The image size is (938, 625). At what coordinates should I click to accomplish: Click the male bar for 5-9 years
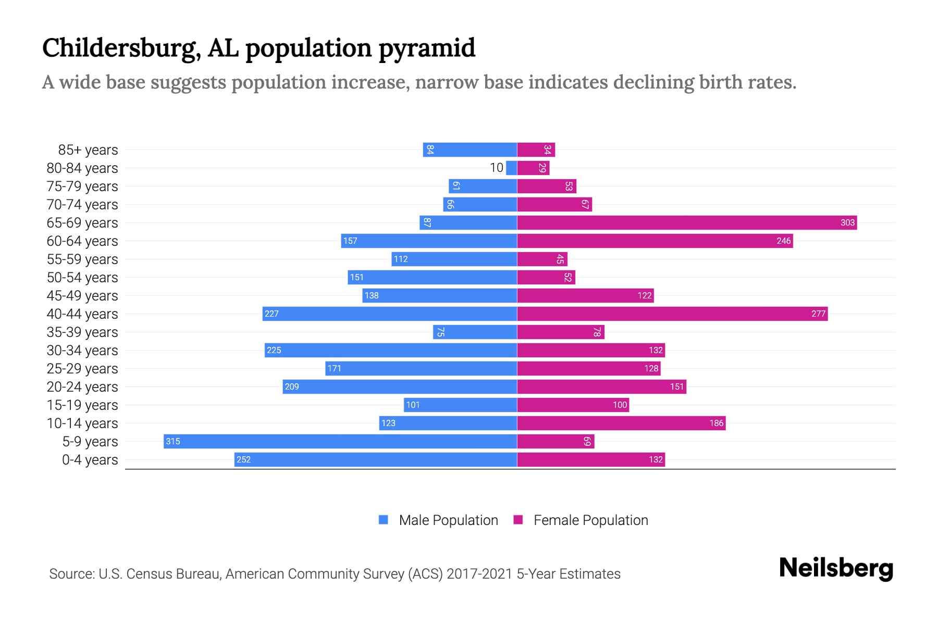(340, 441)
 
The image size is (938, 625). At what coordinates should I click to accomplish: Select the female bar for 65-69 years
(687, 222)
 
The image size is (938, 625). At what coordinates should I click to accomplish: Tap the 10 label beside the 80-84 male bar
(496, 168)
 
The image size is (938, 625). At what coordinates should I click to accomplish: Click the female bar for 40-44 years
(672, 314)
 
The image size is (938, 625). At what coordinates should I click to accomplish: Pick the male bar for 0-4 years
(376, 459)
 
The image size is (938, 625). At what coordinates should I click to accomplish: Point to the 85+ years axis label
(88, 150)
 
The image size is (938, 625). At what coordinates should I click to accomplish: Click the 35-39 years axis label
(82, 332)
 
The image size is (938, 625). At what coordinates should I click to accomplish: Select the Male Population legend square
(384, 520)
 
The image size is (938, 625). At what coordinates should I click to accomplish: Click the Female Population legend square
(518, 520)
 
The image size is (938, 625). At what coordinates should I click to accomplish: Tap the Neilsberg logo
(836, 568)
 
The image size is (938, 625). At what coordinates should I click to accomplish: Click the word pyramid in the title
(427, 48)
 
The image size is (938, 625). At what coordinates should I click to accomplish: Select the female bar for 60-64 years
(655, 241)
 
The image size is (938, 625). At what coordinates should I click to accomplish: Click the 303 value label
(847, 223)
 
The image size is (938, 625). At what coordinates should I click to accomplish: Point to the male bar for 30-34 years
(391, 350)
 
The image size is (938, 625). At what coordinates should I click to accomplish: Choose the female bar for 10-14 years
(621, 423)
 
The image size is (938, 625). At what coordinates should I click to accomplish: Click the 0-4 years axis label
(90, 460)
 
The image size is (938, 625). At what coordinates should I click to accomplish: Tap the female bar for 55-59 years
(542, 259)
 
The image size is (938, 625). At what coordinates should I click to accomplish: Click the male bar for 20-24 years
(400, 386)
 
